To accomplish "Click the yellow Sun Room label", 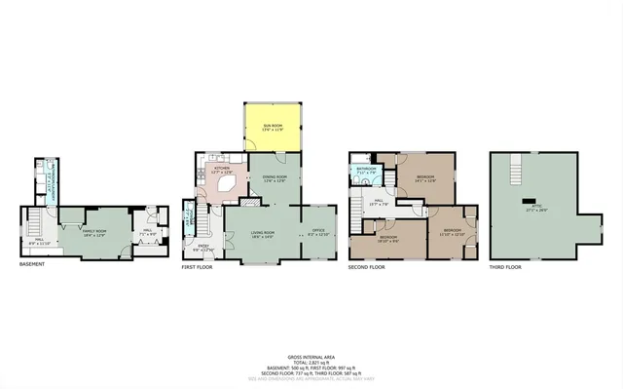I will coord(273,127).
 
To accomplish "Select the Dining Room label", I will coord(274,177).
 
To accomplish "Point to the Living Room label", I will coord(262,233).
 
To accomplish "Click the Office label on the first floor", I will coord(318,233).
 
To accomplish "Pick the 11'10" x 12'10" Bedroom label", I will coord(452,232).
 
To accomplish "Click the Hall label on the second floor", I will coord(383,203).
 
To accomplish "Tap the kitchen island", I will coord(227,184).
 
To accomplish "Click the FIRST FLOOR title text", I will coord(199,265).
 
